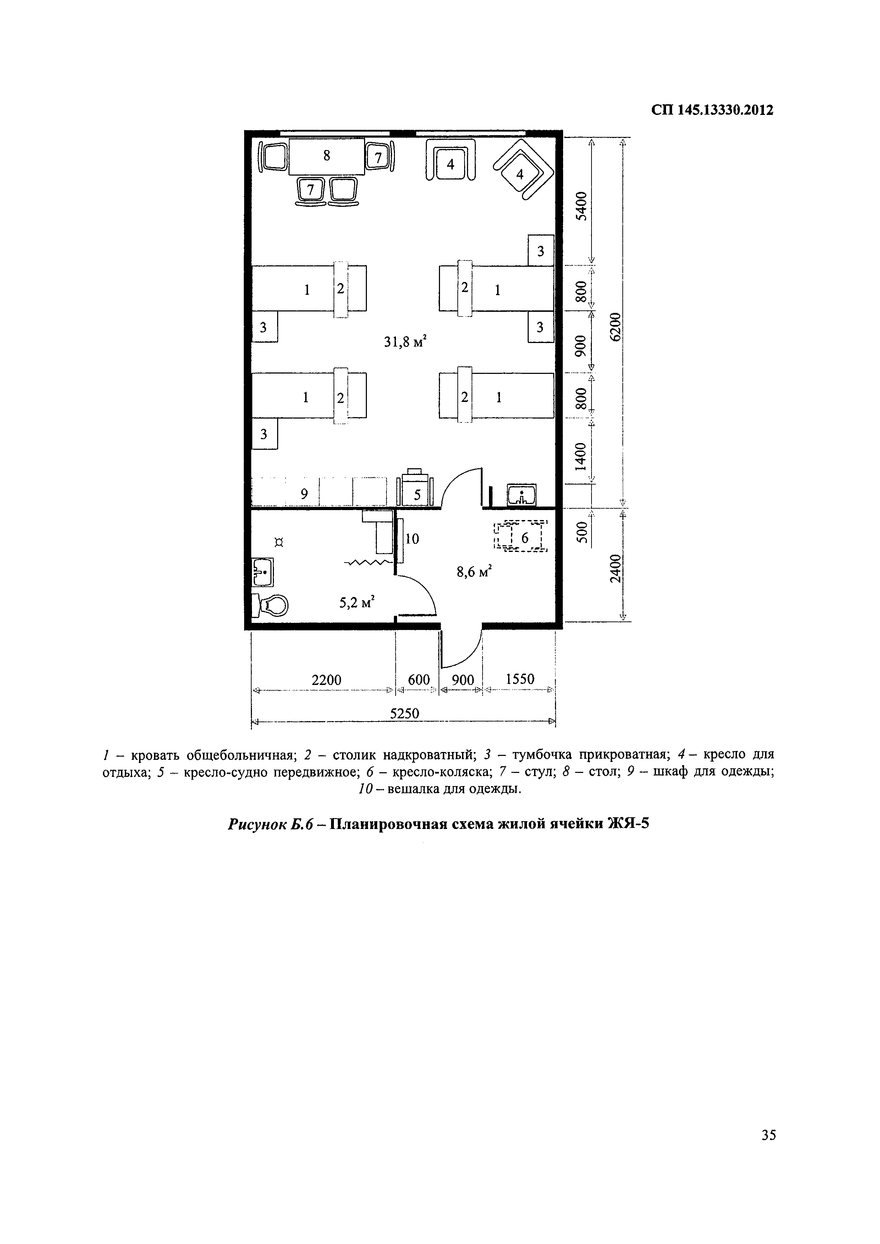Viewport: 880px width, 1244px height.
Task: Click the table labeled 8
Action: [327, 156]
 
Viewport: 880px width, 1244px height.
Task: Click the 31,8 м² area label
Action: [405, 342]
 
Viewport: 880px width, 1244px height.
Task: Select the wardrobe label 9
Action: [304, 493]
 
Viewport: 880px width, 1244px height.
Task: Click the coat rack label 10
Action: [412, 538]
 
